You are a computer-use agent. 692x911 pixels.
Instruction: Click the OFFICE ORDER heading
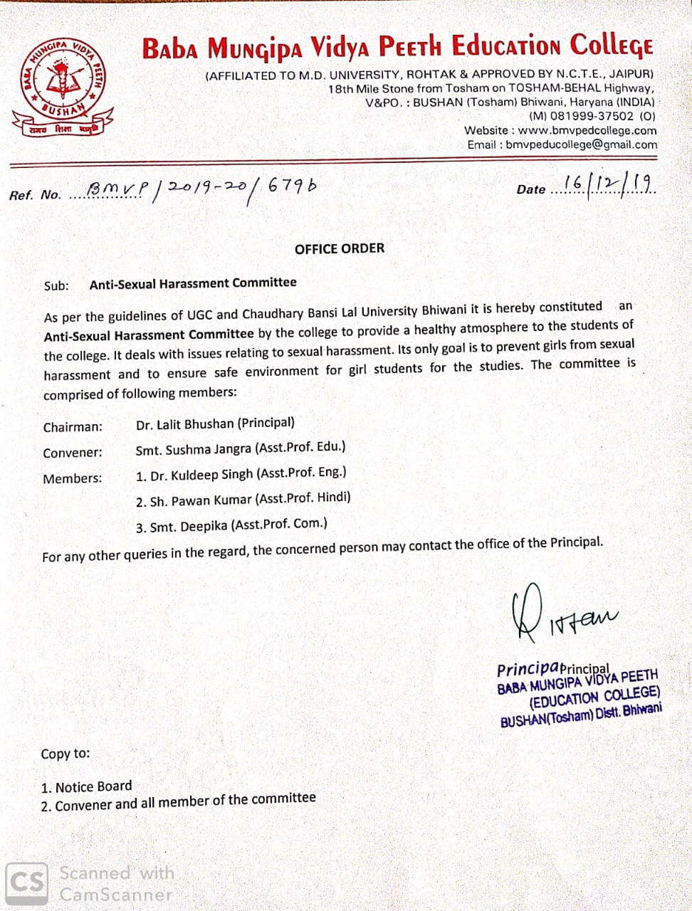click(x=340, y=248)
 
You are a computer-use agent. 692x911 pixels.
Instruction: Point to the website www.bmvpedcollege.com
click(x=587, y=130)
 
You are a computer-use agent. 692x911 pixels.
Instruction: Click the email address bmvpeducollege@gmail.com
click(x=582, y=144)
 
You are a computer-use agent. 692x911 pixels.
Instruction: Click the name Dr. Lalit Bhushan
click(x=184, y=424)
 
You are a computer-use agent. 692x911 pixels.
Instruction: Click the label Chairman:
click(x=73, y=427)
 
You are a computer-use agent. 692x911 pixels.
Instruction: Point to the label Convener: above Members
click(x=73, y=453)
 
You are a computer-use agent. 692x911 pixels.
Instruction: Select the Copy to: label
click(x=65, y=754)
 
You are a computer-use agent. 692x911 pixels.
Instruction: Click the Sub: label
click(x=56, y=286)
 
